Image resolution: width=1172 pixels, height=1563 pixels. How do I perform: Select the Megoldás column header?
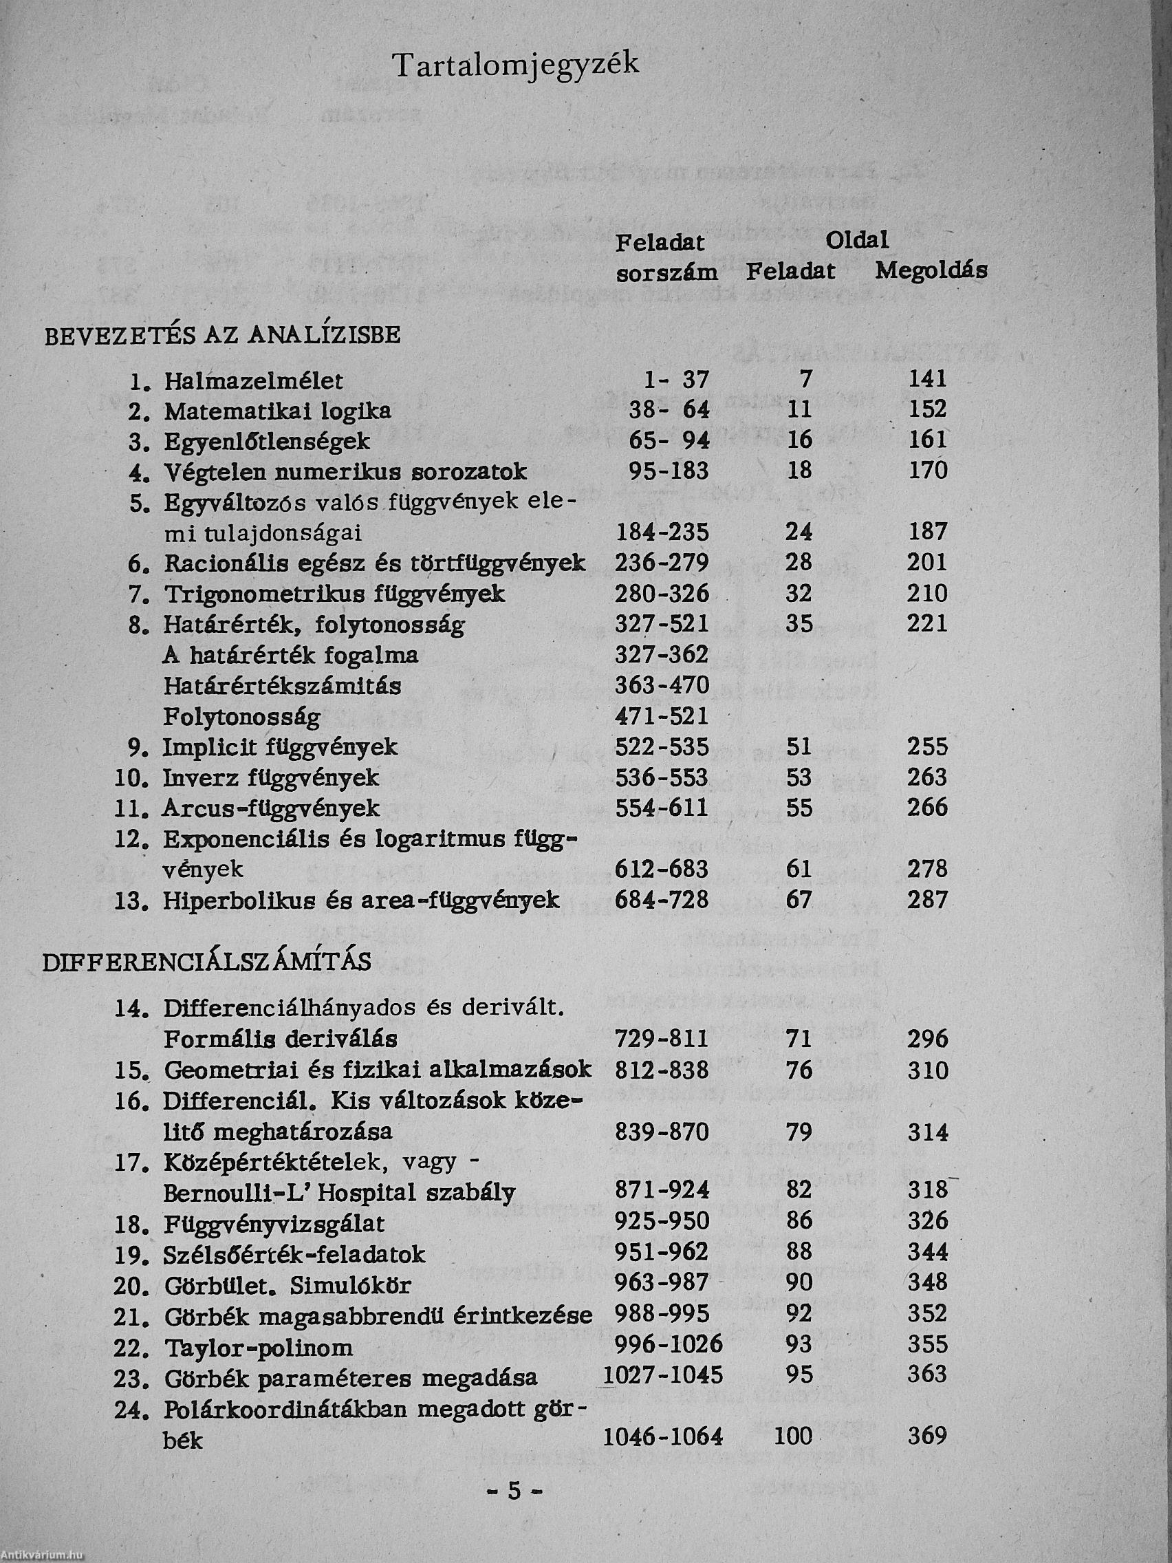click(931, 271)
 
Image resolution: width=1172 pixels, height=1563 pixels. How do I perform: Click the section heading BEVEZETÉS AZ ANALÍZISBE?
click(223, 335)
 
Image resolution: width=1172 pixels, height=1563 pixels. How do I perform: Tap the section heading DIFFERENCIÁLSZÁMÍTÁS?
click(207, 963)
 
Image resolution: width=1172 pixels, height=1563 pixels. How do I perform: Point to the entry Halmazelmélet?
click(254, 382)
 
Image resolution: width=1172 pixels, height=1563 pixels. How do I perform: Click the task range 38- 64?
click(669, 410)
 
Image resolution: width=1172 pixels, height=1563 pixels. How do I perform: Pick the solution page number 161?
click(927, 440)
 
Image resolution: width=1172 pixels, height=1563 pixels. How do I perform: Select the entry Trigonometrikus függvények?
click(335, 594)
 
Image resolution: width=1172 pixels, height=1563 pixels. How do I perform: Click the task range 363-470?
click(662, 686)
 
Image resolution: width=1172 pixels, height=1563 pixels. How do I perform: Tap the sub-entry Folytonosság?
click(241, 718)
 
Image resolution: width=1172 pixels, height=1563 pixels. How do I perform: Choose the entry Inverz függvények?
click(271, 779)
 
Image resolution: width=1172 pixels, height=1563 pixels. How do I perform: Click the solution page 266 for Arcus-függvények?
click(927, 808)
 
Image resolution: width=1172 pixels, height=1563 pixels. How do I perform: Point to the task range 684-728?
click(662, 901)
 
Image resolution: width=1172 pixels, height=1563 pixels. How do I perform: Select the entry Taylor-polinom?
click(259, 1348)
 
